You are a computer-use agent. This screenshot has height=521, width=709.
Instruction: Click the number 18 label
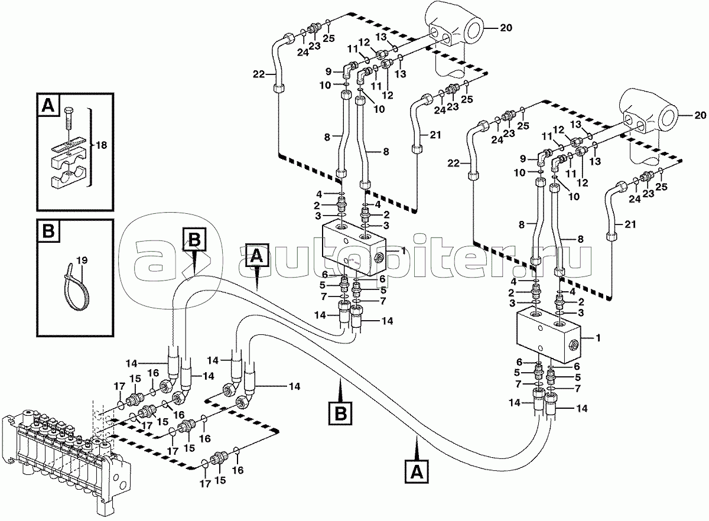tap(101, 145)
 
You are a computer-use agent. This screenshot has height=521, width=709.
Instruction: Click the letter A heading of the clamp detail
tap(48, 106)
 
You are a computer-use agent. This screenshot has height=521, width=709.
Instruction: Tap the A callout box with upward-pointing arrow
tap(415, 472)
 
